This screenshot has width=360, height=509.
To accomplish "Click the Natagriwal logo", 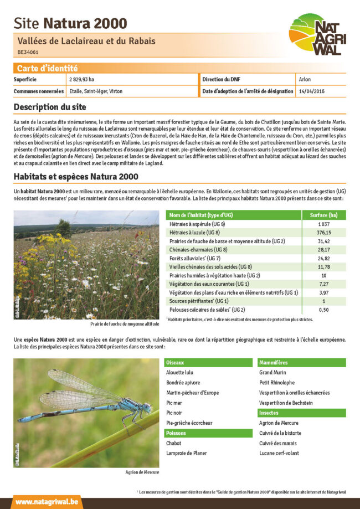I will [x=317, y=34].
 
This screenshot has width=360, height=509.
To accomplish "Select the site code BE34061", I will [x=28, y=52].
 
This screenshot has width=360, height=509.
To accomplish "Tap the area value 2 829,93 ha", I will [x=81, y=79].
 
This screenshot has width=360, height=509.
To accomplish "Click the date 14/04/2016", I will [x=311, y=91].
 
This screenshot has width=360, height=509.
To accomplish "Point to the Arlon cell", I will [x=304, y=79].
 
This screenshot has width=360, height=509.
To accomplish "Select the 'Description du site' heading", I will [x=50, y=106].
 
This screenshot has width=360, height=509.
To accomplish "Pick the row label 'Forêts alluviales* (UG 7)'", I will [x=195, y=258].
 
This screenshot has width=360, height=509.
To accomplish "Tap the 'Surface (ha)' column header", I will [x=323, y=215].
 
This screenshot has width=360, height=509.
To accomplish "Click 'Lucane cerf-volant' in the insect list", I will [x=279, y=453].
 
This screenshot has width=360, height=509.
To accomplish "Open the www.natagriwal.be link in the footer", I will [x=47, y=502].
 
